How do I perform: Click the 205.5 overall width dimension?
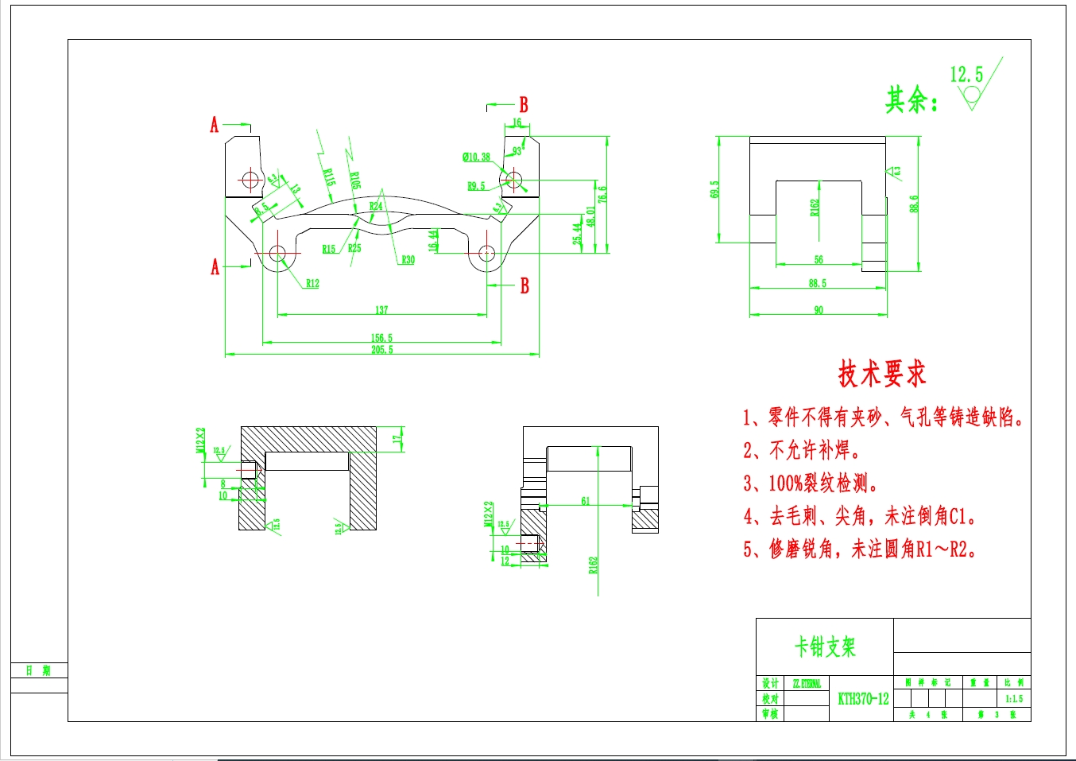[381, 350]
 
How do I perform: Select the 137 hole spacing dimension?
[381, 310]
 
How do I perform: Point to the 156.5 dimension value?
[381, 338]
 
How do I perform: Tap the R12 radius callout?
[312, 284]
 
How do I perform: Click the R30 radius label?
[408, 260]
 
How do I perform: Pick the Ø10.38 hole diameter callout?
[476, 157]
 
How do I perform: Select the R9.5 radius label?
[476, 186]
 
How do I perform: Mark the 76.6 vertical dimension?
[602, 194]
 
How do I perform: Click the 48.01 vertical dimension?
[590, 216]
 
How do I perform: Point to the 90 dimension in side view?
[819, 310]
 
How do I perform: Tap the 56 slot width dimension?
[819, 259]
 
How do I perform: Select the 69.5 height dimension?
[714, 189]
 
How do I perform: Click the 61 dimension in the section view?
[586, 501]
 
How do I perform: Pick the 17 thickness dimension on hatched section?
[397, 438]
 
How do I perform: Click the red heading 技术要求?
[882, 374]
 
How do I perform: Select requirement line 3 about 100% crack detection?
[811, 483]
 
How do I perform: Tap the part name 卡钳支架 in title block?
[825, 646]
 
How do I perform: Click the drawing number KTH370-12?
[863, 699]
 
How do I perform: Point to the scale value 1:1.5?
[1014, 699]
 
